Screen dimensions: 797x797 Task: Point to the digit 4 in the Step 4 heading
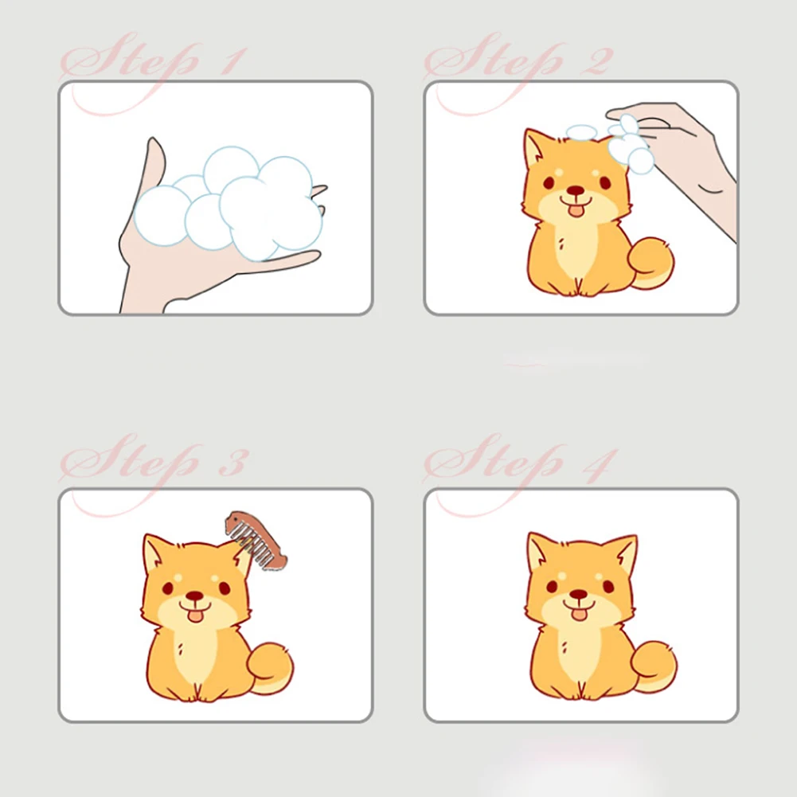(600, 464)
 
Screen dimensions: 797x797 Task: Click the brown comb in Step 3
(256, 541)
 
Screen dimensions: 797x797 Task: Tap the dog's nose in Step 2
(576, 190)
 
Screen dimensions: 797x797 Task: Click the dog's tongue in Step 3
(194, 616)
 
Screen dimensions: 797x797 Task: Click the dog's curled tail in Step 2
(650, 263)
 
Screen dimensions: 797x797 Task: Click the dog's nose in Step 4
(578, 594)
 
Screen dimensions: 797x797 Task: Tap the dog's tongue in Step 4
(578, 614)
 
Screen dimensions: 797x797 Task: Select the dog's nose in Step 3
(195, 596)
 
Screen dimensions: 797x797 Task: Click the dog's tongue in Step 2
(576, 210)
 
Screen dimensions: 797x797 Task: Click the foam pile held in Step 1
(229, 203)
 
